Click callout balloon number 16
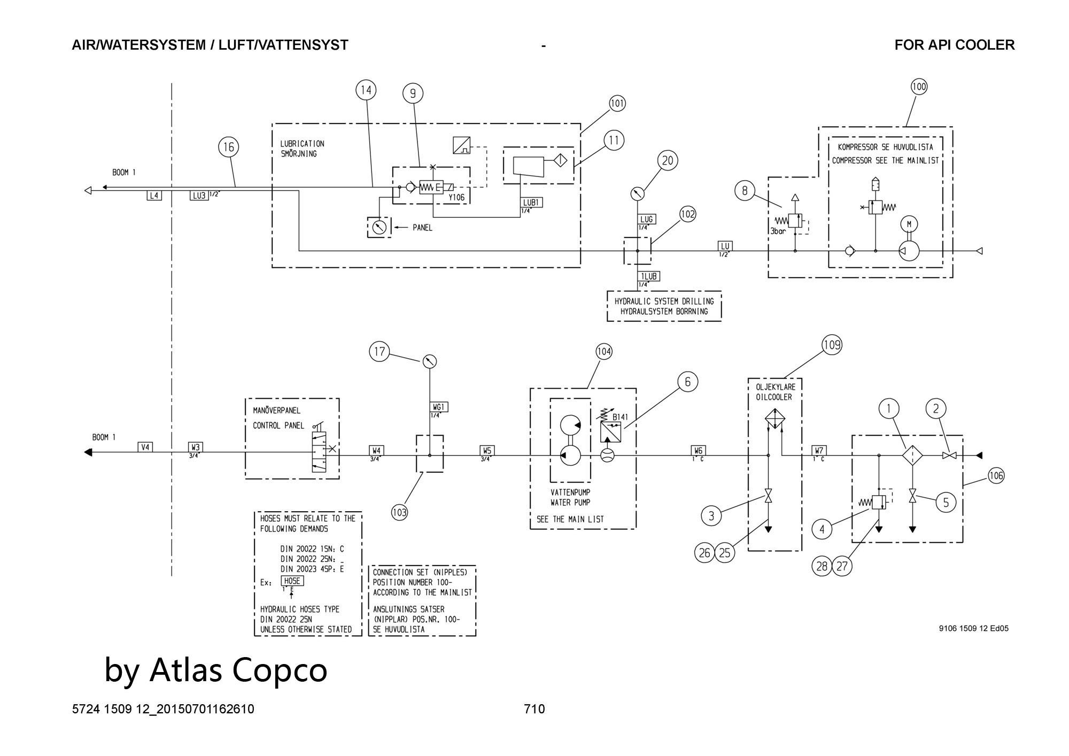click(x=228, y=147)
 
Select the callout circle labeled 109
click(x=832, y=345)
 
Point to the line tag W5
click(x=486, y=450)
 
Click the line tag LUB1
click(x=532, y=203)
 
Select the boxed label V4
click(x=145, y=447)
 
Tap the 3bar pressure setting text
click(x=778, y=232)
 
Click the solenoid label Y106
click(x=456, y=197)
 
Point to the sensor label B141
click(x=620, y=417)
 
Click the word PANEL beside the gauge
click(x=422, y=228)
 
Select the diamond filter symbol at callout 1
click(x=913, y=456)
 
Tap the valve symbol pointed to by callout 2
click(x=949, y=456)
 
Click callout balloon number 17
click(x=379, y=352)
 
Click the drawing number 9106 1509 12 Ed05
click(x=973, y=629)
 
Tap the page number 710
click(x=534, y=709)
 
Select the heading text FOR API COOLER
click(x=954, y=45)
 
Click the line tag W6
click(x=698, y=450)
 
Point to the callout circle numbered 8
click(x=745, y=191)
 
